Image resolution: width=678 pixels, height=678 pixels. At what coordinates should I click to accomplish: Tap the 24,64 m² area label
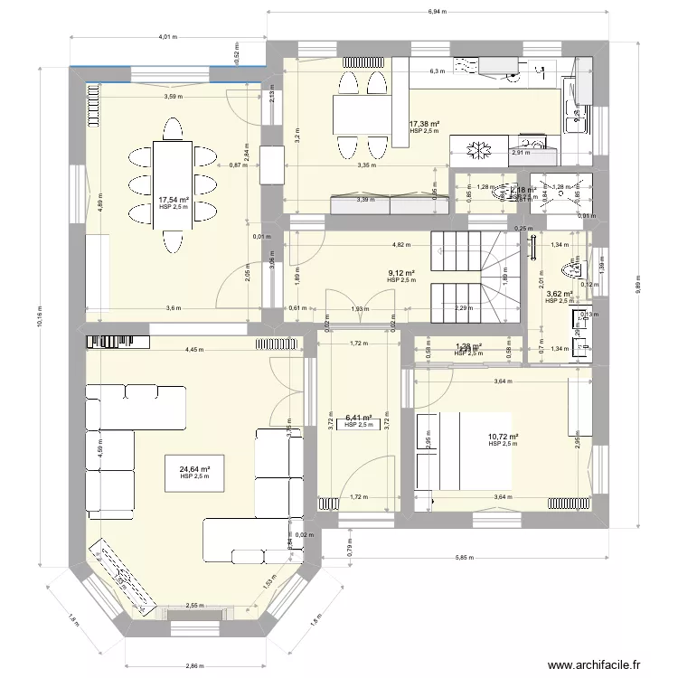point(194,470)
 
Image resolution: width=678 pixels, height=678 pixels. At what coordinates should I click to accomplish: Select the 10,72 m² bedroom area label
point(502,438)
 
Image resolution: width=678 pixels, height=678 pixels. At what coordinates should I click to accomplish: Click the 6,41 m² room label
point(359,419)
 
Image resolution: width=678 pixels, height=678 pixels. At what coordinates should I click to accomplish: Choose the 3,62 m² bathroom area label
point(560,294)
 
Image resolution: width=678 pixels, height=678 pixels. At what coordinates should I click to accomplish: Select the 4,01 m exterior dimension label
point(167,38)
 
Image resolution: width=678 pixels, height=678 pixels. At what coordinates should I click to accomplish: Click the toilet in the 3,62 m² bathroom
point(570,268)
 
